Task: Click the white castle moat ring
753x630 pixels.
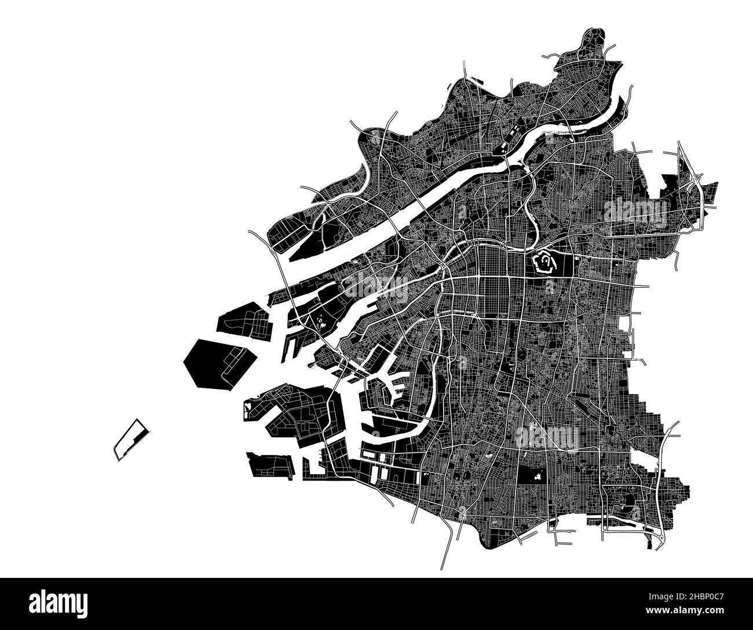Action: [x=545, y=263]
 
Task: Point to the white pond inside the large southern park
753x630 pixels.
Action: [x=538, y=477]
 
